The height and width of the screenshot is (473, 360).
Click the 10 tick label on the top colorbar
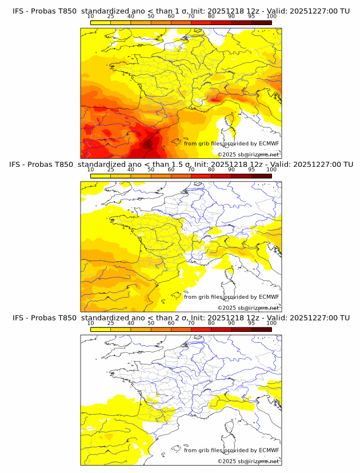click(x=91, y=16)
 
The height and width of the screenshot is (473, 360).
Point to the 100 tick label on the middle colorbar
click(x=271, y=170)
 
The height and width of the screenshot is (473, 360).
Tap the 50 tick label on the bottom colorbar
click(x=151, y=323)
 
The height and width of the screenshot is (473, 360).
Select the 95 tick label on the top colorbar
click(x=251, y=16)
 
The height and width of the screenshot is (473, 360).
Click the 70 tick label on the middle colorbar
click(x=191, y=170)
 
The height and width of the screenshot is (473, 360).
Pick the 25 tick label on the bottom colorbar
click(x=110, y=323)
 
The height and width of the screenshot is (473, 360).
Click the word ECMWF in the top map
click(x=269, y=143)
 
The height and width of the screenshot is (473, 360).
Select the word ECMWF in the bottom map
click(x=269, y=450)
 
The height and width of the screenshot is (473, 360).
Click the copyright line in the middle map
click(x=248, y=308)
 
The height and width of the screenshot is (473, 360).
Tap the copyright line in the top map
click(x=248, y=155)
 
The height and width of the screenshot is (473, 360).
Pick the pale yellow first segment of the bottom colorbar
click(x=101, y=328)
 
